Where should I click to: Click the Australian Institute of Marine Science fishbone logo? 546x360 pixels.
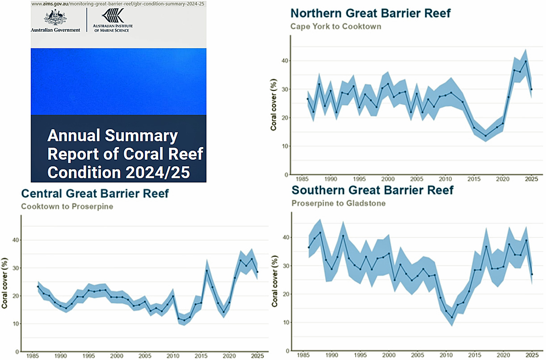point(113,16)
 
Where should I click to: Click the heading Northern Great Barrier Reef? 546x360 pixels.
point(370,13)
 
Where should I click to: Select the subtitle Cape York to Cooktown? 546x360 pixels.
point(336,26)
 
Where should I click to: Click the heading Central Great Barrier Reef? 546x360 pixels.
point(95,194)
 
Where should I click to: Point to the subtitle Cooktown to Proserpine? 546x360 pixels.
point(67,207)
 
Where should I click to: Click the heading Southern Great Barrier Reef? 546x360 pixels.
point(373,190)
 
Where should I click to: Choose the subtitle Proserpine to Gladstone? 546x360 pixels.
point(338,203)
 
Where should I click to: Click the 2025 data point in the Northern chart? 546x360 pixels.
point(531,89)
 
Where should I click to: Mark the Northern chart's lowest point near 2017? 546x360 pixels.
point(486,136)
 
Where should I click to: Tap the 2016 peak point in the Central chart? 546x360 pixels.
point(207,270)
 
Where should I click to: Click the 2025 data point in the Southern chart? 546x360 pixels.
point(532,274)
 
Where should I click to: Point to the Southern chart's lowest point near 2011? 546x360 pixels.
point(452,318)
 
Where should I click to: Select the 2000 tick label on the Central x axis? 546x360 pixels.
point(117,356)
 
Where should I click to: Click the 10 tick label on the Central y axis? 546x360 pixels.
point(16,324)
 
